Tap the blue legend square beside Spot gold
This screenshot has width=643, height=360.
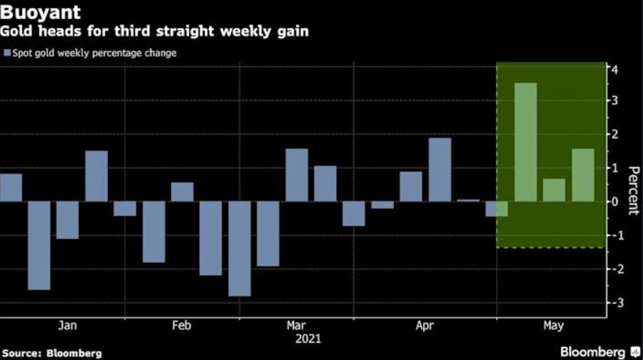click(7, 53)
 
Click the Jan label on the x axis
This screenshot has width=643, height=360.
click(67, 326)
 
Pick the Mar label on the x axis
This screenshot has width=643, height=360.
click(297, 326)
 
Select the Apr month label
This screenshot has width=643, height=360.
click(425, 326)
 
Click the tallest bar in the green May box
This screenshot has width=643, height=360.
click(525, 142)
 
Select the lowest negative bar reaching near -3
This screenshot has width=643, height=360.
click(239, 248)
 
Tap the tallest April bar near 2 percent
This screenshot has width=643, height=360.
click(439, 169)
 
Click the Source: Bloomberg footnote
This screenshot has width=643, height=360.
click(51, 353)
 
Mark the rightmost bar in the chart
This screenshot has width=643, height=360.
click(582, 175)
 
